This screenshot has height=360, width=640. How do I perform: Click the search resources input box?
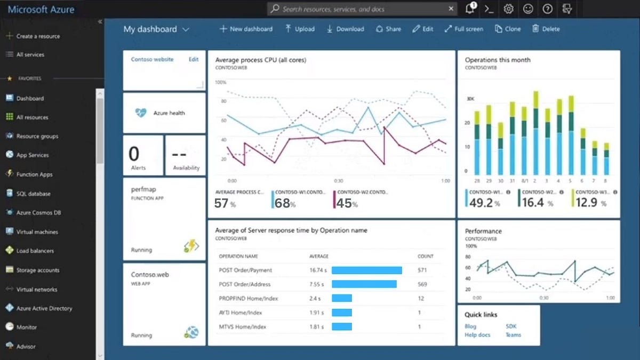[x=363, y=9]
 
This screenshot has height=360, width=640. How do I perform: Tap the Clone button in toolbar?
[x=508, y=29]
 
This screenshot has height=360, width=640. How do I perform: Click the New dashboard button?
[x=246, y=29]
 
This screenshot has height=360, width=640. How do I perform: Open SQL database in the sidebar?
[x=33, y=194]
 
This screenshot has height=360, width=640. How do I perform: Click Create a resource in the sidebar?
[x=37, y=36]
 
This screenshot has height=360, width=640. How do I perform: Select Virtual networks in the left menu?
[x=36, y=289]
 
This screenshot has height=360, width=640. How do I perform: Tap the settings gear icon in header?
[x=508, y=9]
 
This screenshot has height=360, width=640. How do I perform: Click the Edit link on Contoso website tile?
[x=194, y=60]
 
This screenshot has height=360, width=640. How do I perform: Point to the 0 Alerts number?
[x=134, y=154]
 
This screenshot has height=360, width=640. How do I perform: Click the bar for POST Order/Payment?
[x=366, y=270]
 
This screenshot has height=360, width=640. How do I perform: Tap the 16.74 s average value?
[x=318, y=270]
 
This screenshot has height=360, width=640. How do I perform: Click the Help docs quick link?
[x=477, y=335]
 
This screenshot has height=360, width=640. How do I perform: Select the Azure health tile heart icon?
[x=141, y=113]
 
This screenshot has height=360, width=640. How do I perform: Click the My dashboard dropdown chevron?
[x=186, y=30]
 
